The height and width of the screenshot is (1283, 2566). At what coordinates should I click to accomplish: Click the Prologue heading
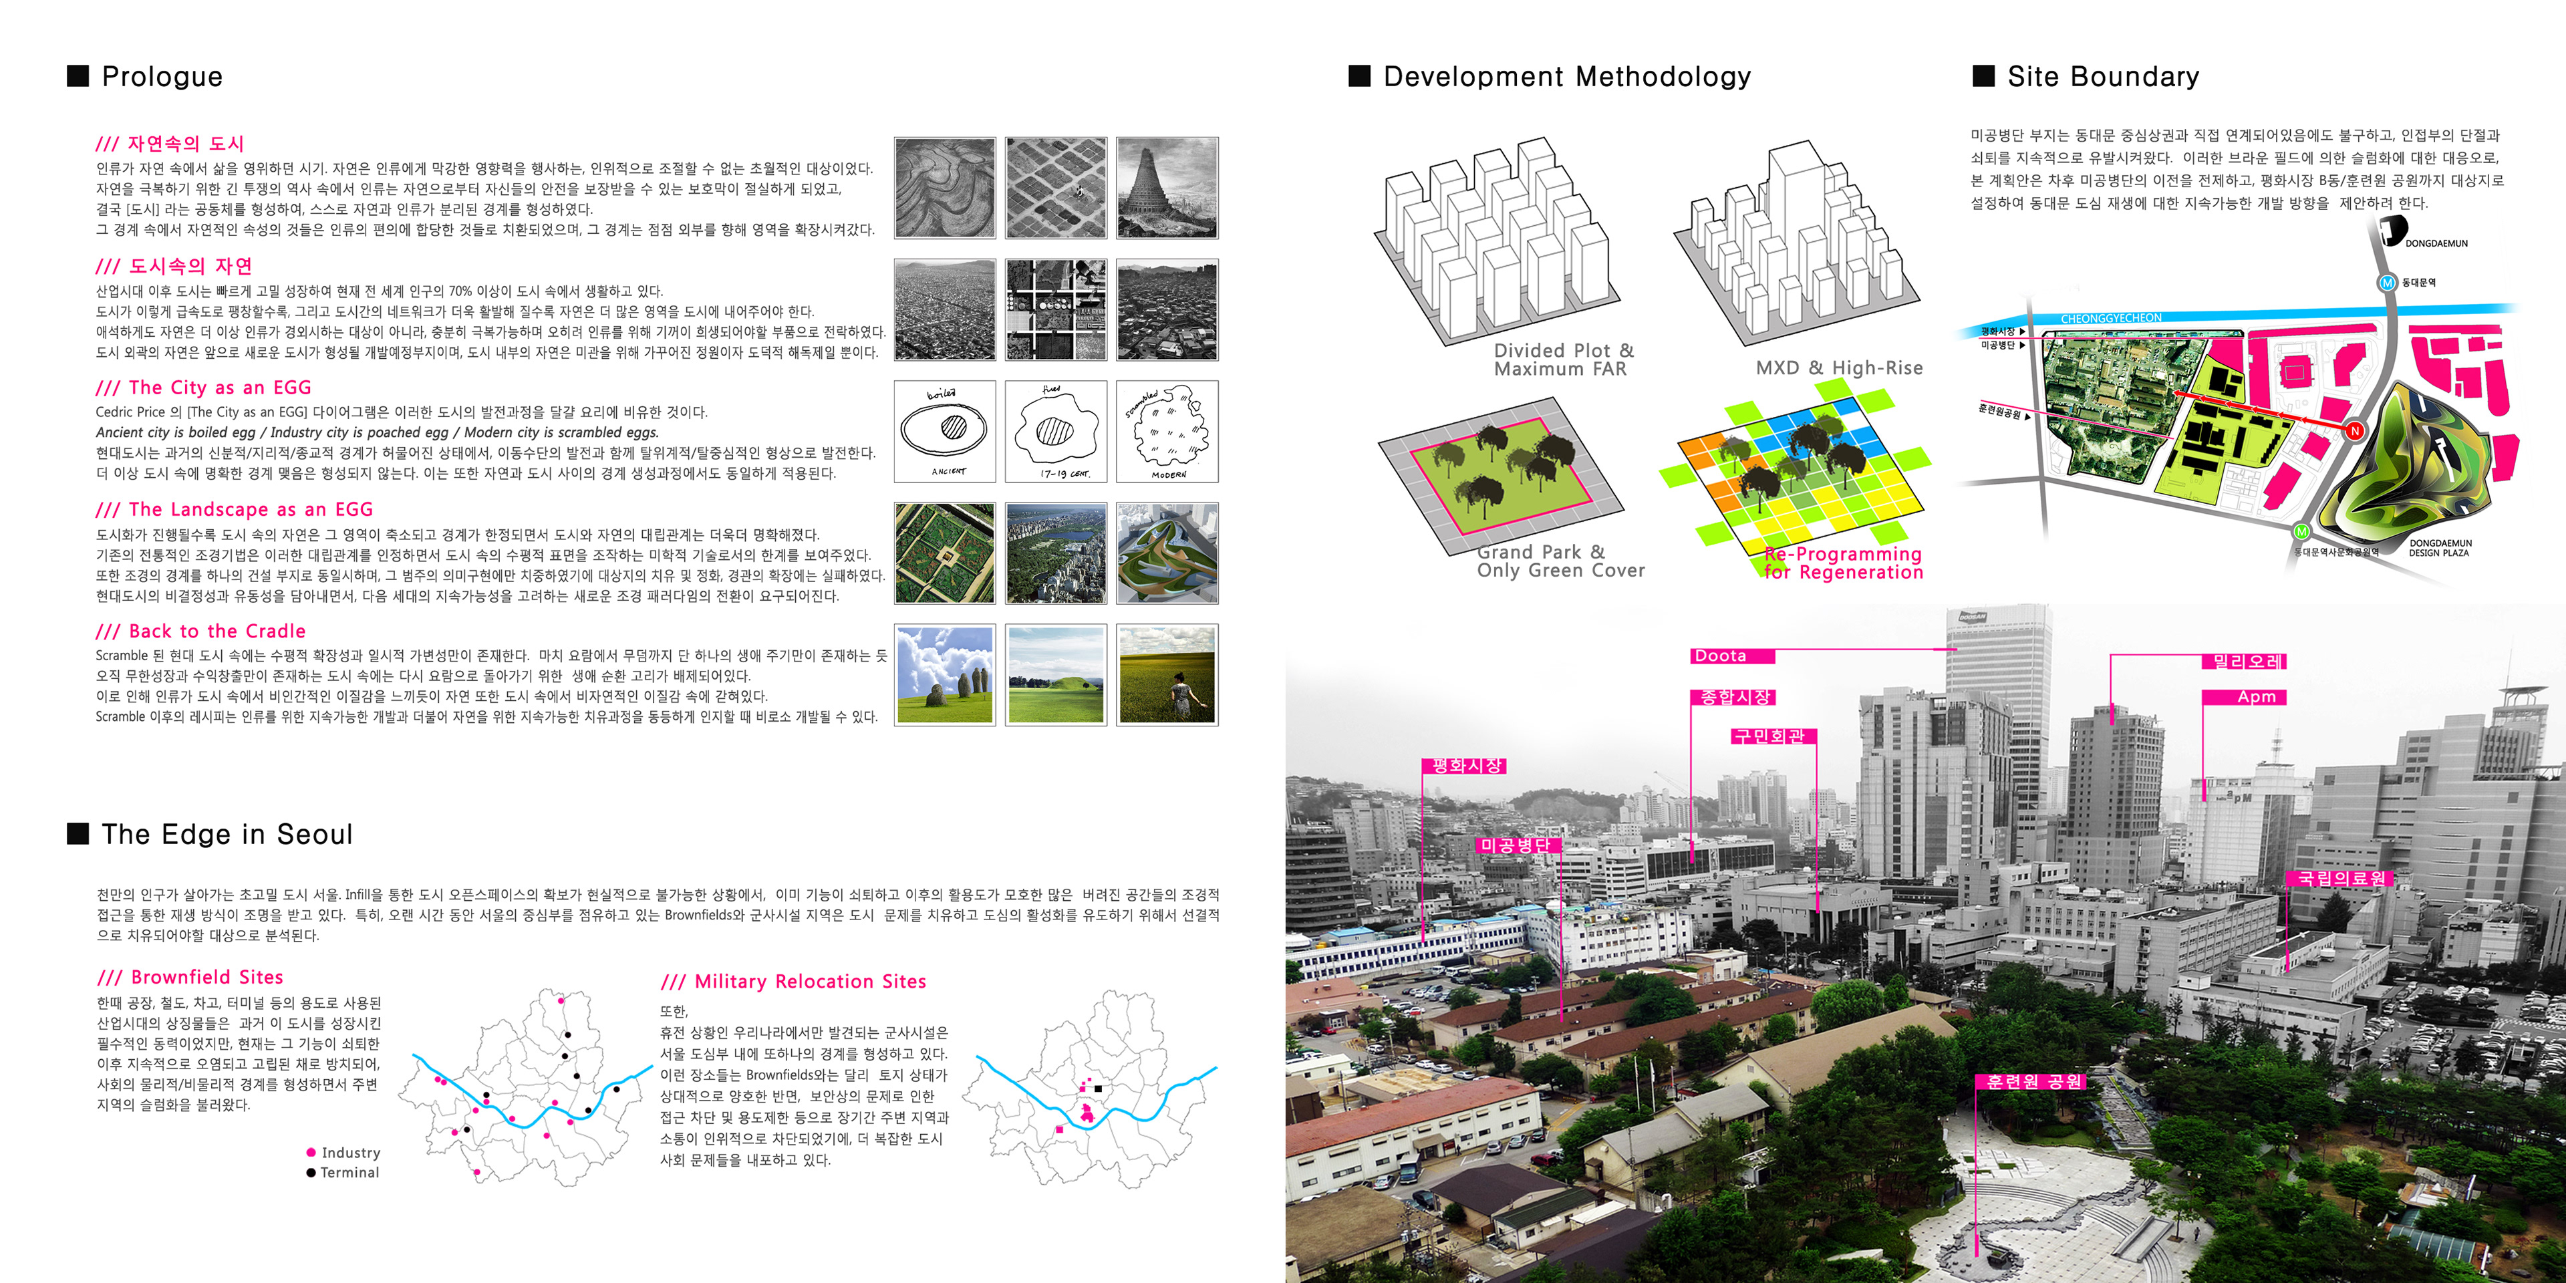click(161, 77)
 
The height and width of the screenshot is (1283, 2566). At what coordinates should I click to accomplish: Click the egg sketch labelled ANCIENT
click(944, 431)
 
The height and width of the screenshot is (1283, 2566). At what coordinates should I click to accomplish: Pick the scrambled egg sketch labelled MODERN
click(1167, 431)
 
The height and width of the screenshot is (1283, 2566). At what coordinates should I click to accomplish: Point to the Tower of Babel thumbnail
click(1167, 188)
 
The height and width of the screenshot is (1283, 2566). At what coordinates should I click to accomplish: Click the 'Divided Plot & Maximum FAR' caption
click(1563, 360)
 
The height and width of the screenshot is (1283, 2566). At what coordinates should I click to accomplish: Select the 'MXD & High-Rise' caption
click(1839, 368)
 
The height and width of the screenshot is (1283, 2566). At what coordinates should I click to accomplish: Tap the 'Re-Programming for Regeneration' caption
click(1843, 563)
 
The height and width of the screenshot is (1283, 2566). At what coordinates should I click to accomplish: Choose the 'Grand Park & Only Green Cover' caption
click(1560, 561)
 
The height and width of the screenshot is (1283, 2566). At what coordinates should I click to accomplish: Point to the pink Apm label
click(2255, 697)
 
